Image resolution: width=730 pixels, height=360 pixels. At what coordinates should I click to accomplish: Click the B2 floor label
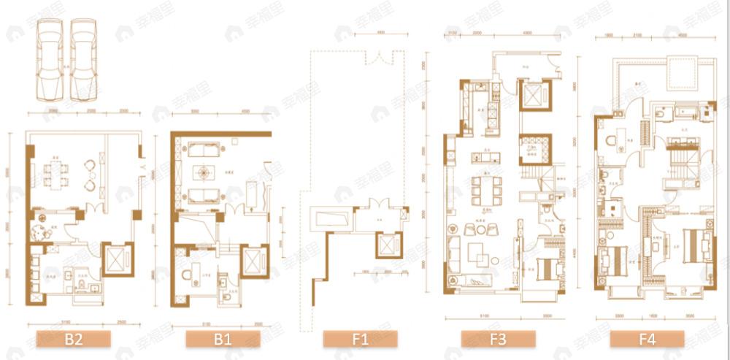coord(73,339)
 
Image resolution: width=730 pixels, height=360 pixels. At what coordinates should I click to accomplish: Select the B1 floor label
coord(222,339)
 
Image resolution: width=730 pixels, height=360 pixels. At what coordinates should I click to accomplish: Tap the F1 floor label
coord(360,339)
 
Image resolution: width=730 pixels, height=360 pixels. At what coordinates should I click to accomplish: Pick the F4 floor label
coord(647,339)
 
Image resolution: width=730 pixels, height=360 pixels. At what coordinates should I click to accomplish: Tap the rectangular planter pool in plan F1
coord(331,217)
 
